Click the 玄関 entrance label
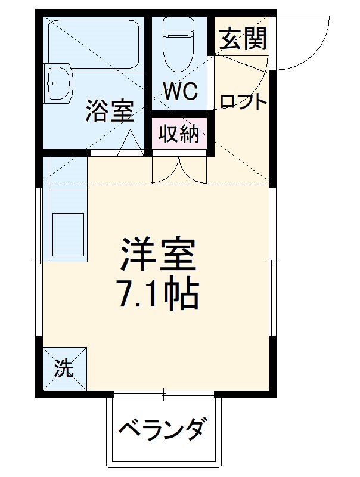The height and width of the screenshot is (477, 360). point(243,40)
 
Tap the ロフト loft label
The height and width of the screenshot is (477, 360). point(243,102)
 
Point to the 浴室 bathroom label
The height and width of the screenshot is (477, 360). point(108,110)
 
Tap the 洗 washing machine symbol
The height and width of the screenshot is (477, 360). point(64,368)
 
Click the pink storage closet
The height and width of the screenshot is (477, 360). point(179,134)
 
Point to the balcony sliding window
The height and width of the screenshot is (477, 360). point(164,394)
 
